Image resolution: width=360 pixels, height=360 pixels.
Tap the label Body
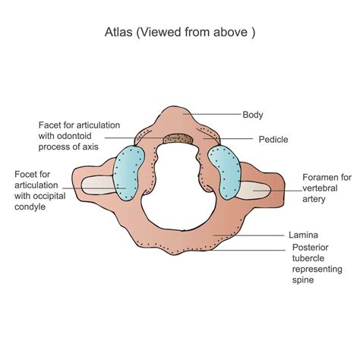253,115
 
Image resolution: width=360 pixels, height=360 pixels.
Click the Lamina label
302,235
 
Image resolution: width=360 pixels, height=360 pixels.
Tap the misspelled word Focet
27,174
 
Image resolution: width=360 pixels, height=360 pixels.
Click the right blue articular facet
226,171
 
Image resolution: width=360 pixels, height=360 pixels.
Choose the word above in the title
236,34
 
